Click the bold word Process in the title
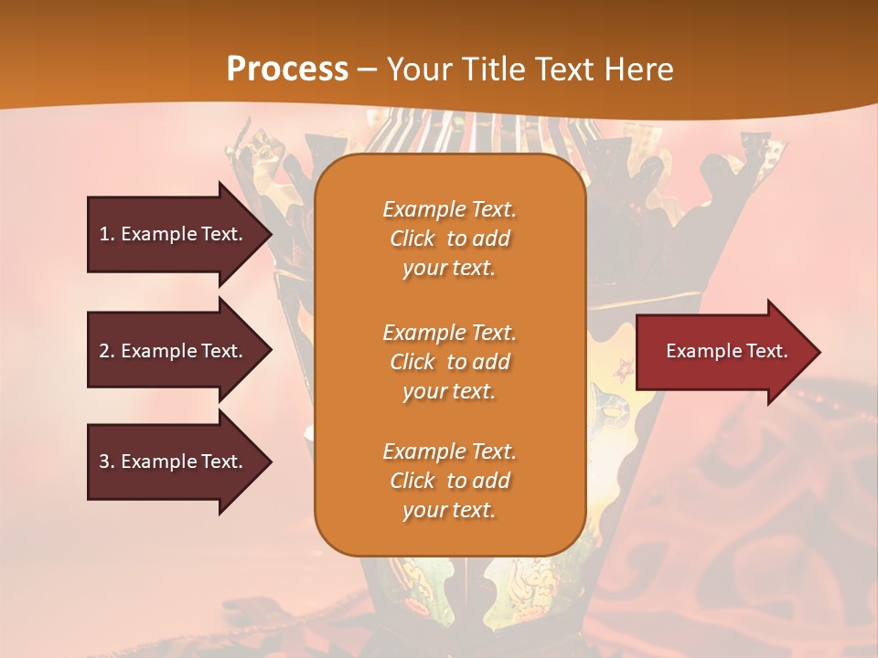pyautogui.click(x=287, y=69)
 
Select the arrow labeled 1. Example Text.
pyautogui.click(x=170, y=234)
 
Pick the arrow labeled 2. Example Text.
pyautogui.click(x=170, y=351)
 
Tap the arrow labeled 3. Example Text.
pyautogui.click(x=170, y=462)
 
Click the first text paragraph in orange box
pyautogui.click(x=449, y=239)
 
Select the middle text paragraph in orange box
pyautogui.click(x=449, y=362)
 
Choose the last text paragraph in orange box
pyautogui.click(x=449, y=481)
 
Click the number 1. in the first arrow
pyautogui.click(x=106, y=234)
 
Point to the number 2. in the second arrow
pyautogui.click(x=106, y=351)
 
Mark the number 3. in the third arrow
pyautogui.click(x=106, y=462)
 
